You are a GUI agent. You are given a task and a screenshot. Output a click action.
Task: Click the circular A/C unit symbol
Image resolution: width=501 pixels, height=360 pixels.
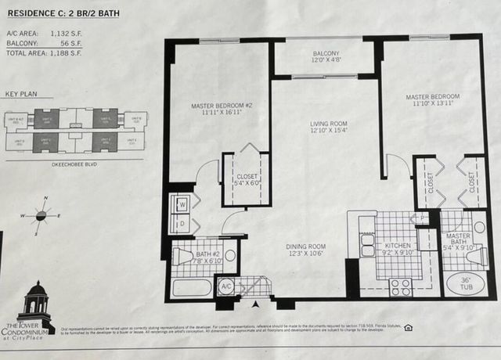225,287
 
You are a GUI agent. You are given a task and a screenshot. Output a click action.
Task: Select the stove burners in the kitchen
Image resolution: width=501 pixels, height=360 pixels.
401,286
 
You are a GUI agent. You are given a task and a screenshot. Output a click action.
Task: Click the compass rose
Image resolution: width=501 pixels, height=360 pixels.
45,213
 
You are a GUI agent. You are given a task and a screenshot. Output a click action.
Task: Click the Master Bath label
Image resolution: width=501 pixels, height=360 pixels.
457,239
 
